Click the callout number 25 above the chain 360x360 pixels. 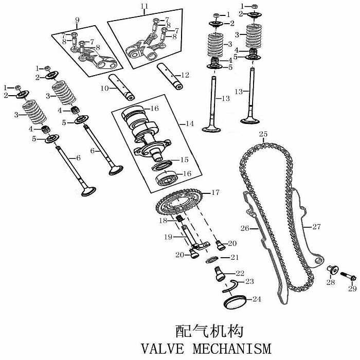tap(263, 134)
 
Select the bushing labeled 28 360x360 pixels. tap(333, 269)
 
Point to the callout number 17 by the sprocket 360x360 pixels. tap(215, 192)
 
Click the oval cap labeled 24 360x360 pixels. tap(235, 301)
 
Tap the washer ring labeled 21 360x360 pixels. tap(211, 260)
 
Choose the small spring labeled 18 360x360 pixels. tap(179, 219)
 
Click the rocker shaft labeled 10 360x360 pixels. tap(121, 87)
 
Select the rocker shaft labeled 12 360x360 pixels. tap(170, 77)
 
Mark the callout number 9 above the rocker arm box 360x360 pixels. tap(77, 20)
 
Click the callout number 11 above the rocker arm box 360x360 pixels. tap(144, 6)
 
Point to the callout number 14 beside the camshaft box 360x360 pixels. tap(190, 124)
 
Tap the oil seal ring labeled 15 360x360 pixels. tap(161, 166)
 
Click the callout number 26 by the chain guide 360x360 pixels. tap(245, 228)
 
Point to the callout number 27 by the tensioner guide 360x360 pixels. tap(316, 227)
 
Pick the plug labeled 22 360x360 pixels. tap(220, 273)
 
